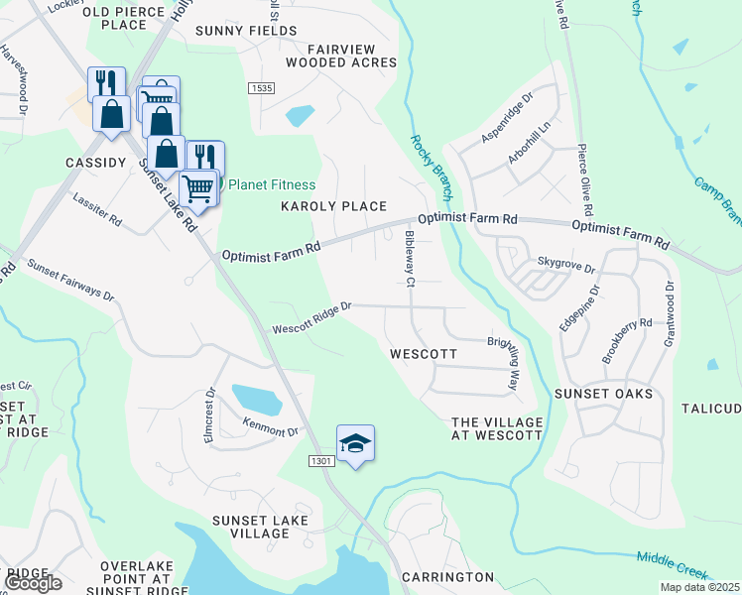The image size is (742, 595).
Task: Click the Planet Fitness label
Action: [272, 184]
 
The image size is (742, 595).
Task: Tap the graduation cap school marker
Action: [355, 443]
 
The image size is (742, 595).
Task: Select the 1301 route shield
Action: [319, 461]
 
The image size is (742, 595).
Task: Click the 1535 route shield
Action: [261, 88]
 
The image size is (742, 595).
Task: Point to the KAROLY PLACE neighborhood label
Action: [333, 206]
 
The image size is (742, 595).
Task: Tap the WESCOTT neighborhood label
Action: [424, 354]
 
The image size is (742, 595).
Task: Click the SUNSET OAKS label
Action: [609, 394]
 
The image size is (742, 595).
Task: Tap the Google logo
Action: [32, 583]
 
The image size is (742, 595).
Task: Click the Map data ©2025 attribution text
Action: [699, 587]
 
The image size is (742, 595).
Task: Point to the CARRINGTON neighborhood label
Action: [447, 576]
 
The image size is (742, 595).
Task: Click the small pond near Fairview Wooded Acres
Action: [301, 115]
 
